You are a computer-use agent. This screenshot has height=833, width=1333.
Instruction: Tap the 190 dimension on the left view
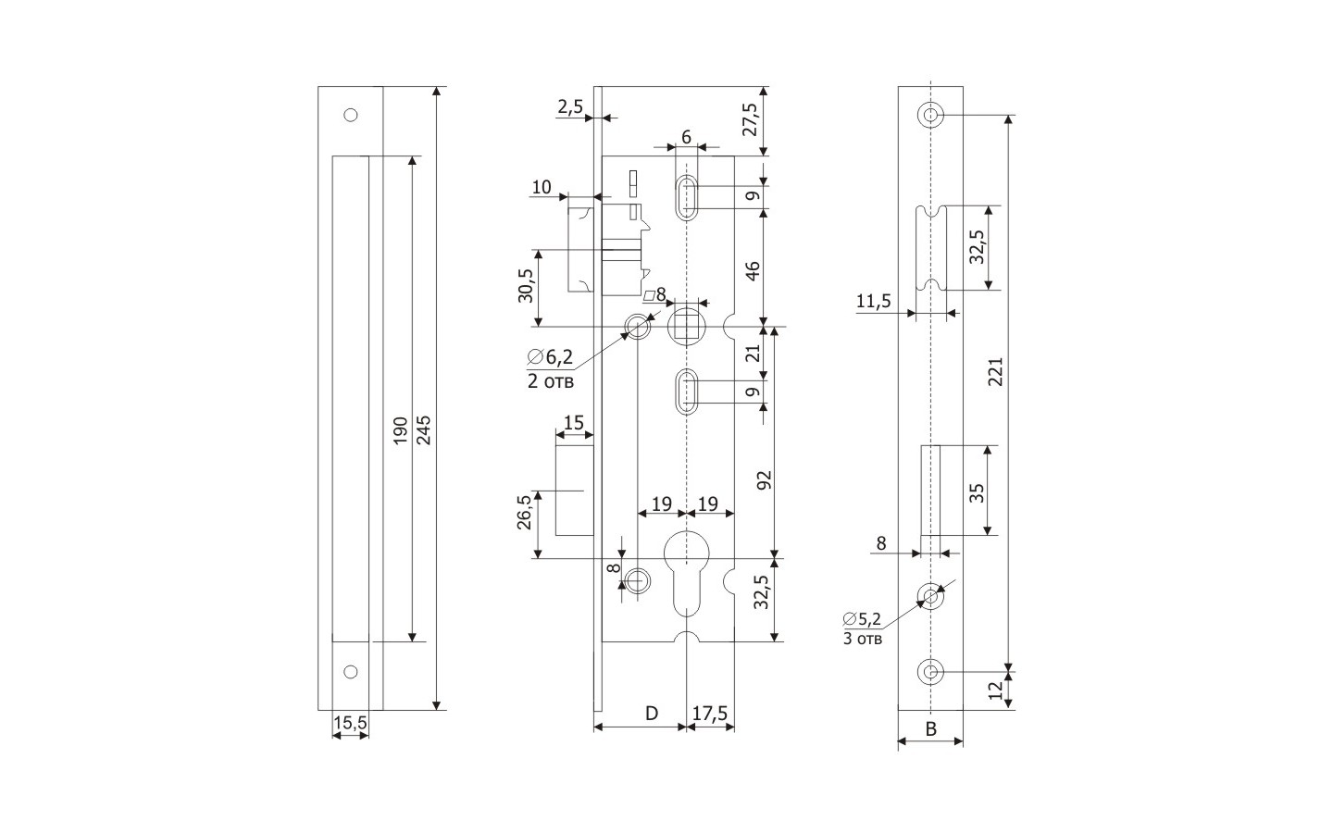(400, 430)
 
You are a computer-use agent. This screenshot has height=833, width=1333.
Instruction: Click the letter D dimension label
(651, 714)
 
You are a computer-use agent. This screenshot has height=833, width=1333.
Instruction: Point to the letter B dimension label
(931, 729)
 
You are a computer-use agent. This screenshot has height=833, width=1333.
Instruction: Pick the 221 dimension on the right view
(995, 372)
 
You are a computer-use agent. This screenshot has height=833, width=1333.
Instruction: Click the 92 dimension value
(765, 480)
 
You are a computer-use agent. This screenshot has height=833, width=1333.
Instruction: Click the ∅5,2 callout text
(862, 618)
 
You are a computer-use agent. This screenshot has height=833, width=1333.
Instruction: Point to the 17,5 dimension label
(710, 714)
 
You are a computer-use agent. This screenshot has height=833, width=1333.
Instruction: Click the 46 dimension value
(753, 270)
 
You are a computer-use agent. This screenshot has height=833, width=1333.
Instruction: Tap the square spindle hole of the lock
(685, 326)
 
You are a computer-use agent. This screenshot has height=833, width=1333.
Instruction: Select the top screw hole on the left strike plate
(350, 116)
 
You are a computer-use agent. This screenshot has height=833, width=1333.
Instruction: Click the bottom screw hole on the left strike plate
(350, 672)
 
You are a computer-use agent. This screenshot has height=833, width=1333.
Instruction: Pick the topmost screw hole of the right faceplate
(930, 116)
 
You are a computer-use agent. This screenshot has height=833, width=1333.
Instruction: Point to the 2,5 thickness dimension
(570, 107)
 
